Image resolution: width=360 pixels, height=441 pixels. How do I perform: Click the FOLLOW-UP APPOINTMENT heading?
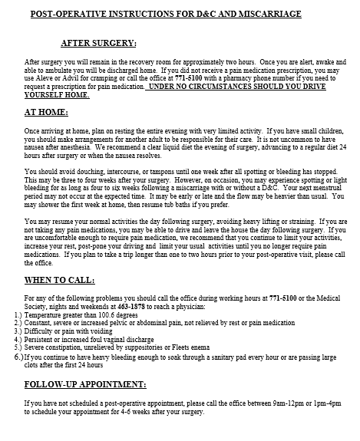point(85,383)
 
